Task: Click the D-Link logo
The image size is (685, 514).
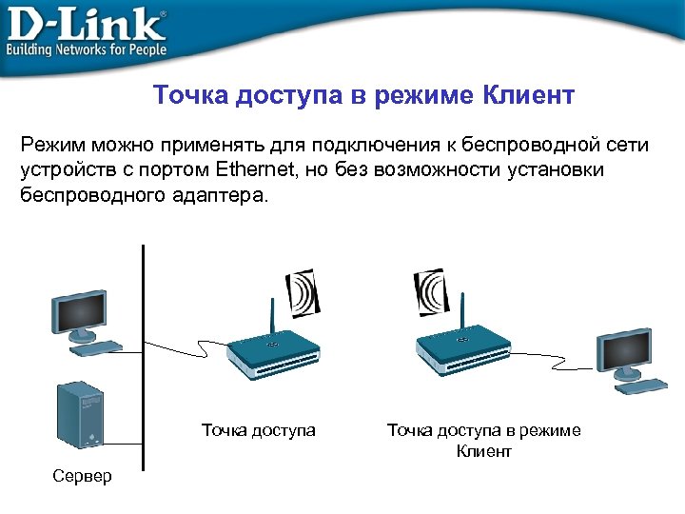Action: point(86,23)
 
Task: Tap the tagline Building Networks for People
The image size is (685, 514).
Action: point(87,49)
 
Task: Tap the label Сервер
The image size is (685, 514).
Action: point(83,475)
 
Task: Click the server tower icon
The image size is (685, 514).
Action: point(80,414)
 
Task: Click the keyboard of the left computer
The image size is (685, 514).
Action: point(95,347)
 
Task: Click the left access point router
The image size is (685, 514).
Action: point(273,353)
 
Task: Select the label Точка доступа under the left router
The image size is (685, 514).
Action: point(258,430)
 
